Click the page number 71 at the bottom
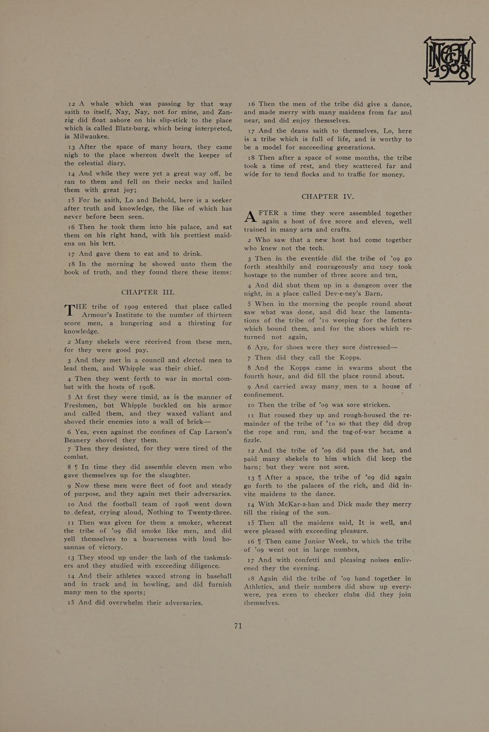pos(238,626)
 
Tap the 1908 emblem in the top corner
pos(449,60)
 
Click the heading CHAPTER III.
pos(148,292)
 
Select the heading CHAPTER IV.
pos(327,196)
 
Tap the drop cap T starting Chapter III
pos(71,312)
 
